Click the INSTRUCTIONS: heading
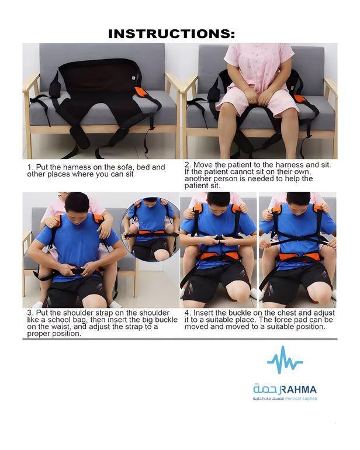click(x=171, y=34)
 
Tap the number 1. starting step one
click(x=30, y=167)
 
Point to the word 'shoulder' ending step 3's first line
click(x=155, y=313)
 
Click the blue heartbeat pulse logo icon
click(x=285, y=360)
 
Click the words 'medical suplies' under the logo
click(x=301, y=399)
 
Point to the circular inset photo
click(x=150, y=229)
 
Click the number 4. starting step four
click(x=188, y=313)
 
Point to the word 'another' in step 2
click(x=198, y=179)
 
